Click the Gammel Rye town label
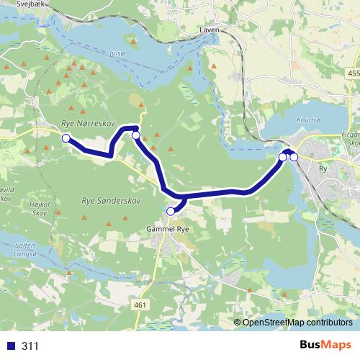tap(167, 229)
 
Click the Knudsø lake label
tap(307, 121)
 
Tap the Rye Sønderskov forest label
tap(110, 202)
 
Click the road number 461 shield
tap(140, 305)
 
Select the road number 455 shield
tap(352, 74)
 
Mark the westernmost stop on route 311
tap(66, 138)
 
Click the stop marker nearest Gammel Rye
tap(171, 211)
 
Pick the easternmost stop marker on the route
tap(294, 156)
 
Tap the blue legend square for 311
tap(9, 346)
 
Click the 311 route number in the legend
tap(30, 346)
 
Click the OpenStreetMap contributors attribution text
tap(297, 322)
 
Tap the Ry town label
tap(322, 171)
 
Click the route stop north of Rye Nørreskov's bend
tap(135, 135)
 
